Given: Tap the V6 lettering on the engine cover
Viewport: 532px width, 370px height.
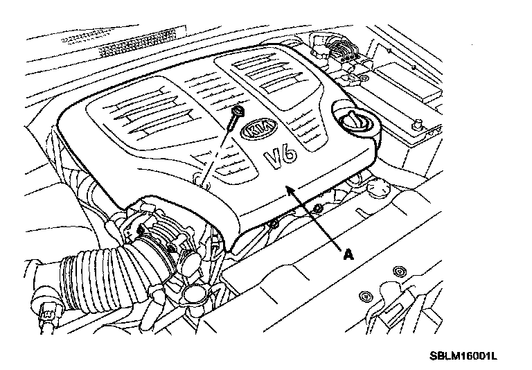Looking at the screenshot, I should (x=281, y=158).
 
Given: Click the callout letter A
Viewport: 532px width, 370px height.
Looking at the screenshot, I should (x=348, y=254).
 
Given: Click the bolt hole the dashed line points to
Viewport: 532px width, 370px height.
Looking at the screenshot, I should (x=199, y=184).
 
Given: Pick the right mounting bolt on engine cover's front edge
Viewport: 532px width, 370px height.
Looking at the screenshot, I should (x=318, y=209).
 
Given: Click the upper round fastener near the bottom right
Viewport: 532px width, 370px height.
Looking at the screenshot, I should (x=400, y=270).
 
